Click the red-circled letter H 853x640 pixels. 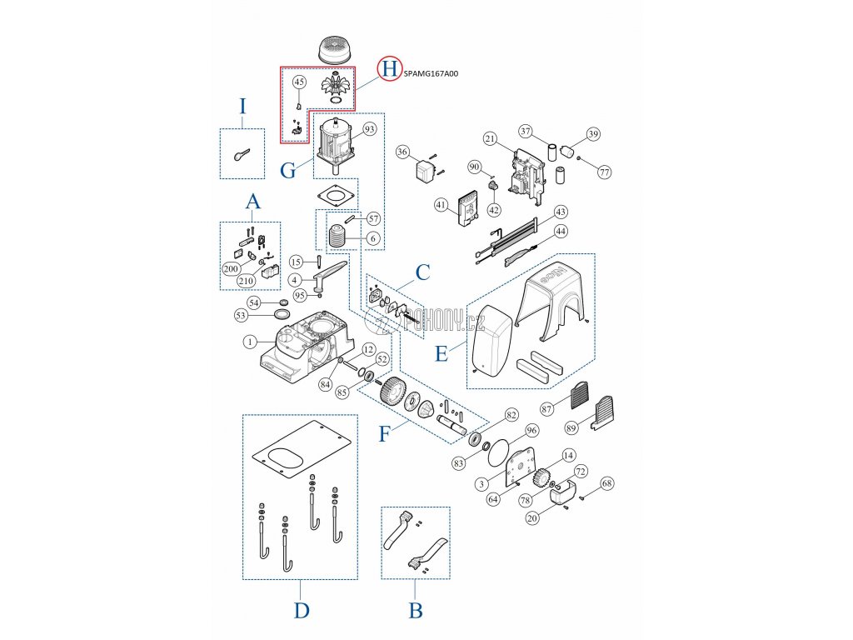tap(388, 69)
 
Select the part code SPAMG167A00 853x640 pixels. tap(430, 73)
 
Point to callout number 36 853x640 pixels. tap(402, 152)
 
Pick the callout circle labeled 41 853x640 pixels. tap(441, 203)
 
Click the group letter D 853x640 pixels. tap(302, 611)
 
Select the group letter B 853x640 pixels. tap(416, 611)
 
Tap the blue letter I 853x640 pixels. tap(242, 106)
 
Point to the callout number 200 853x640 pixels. tap(230, 268)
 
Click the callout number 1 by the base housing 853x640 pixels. tap(249, 342)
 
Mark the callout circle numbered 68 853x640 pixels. tap(606, 482)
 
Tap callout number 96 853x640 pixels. tap(531, 430)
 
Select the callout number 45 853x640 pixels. tap(300, 82)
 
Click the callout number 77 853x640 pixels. tap(604, 172)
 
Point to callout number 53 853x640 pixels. tap(241, 316)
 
